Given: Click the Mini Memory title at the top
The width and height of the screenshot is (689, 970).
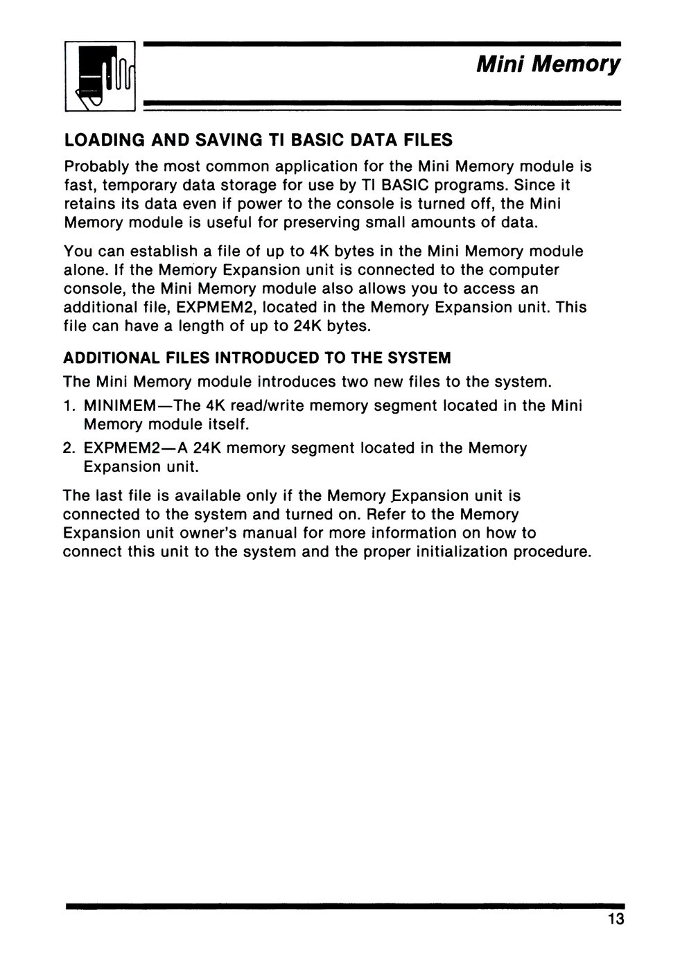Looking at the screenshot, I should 548,65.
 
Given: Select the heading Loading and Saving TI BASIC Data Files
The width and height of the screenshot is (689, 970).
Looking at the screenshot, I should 258,141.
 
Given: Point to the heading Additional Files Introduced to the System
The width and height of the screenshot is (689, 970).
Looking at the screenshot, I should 256,358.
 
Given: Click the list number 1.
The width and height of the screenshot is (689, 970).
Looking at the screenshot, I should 68,405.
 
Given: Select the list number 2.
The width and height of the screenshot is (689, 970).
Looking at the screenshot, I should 68,448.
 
